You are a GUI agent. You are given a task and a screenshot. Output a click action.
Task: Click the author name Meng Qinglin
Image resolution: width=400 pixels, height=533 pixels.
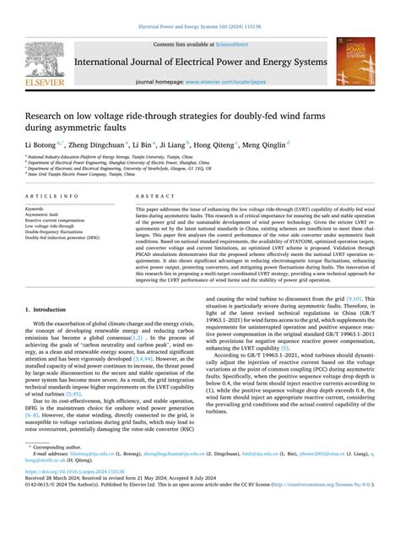coord(268,144)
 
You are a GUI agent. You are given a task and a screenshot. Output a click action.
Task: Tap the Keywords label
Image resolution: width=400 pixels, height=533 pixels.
coord(36,208)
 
